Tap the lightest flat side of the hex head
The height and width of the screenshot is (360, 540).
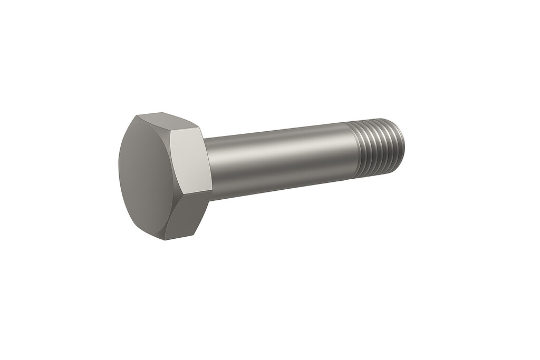pos(191,161)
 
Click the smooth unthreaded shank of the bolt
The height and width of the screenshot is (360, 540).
pos(279,158)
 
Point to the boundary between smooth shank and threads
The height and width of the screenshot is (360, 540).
pos(352,152)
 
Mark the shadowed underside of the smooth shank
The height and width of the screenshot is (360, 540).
pos(279,182)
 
